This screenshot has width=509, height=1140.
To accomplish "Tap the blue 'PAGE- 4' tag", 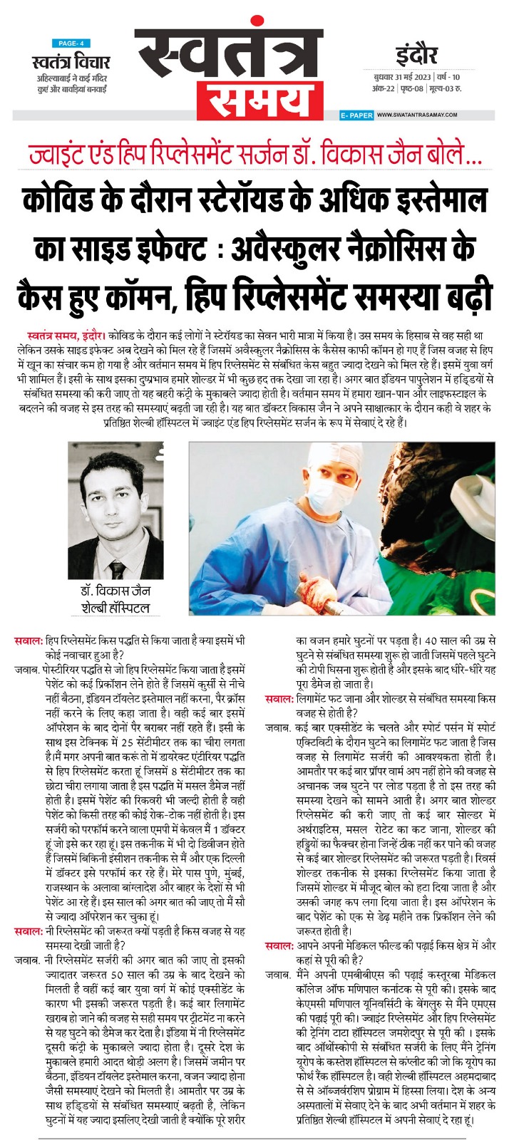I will (71, 43).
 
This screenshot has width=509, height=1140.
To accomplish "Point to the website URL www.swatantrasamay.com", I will (416, 115).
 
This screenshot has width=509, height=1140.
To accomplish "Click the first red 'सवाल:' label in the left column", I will (28, 641).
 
